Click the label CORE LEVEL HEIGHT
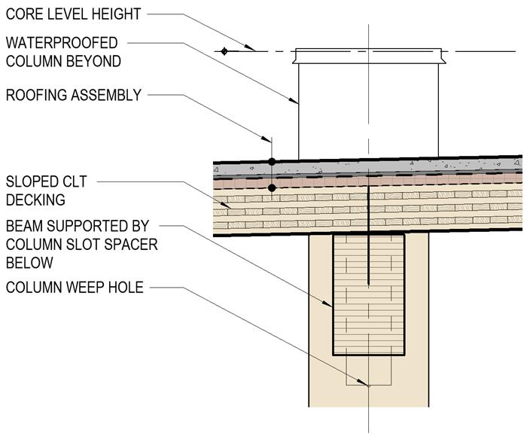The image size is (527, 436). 73,14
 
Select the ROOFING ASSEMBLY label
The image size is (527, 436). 73,96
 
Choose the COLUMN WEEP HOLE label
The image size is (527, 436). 74,287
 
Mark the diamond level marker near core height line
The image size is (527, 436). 224,51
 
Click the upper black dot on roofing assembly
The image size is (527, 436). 272,161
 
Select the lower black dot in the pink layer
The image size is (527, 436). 272,187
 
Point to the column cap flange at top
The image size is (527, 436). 368,56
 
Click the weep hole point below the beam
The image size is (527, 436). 368,386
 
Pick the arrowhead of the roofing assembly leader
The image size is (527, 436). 269,139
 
